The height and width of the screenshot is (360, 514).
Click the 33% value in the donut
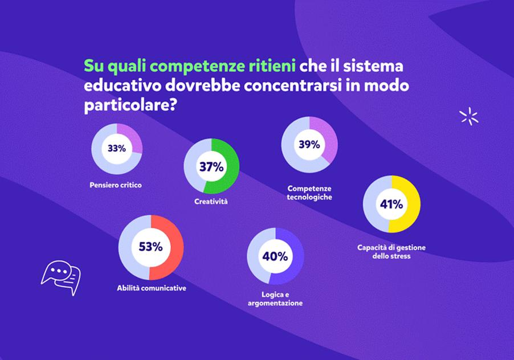116,149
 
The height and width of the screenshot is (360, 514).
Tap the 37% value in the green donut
211,167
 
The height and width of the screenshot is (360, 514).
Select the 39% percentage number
309,145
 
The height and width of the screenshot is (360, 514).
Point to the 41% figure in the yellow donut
391,204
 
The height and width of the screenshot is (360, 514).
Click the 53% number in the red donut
150,247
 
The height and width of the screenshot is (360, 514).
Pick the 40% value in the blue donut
275,256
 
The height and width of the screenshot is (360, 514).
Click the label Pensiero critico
116,185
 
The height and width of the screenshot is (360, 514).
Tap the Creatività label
211,202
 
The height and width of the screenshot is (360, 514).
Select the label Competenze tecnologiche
309,193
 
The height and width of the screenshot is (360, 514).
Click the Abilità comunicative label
151,288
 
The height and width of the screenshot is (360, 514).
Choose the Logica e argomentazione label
275,299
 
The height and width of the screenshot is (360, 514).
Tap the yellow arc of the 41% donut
411,204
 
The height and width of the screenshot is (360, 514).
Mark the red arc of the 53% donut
173,248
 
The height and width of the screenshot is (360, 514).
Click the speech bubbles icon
61,276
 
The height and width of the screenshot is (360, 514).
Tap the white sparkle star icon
468,116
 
